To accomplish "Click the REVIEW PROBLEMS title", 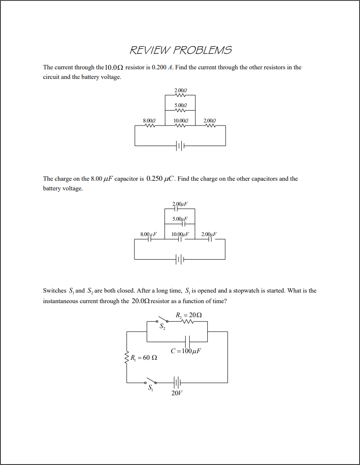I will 180,50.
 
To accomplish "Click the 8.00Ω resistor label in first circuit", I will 149,120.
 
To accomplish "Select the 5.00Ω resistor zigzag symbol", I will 180,110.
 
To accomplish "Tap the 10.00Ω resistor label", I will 180,120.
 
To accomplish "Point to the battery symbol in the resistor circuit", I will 180,146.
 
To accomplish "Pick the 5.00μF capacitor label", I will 180,218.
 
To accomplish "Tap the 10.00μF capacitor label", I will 180,234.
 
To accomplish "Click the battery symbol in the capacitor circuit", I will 180,259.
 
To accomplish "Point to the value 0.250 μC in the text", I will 161,179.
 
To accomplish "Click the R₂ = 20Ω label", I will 189,315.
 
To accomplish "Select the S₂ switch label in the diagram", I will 162,327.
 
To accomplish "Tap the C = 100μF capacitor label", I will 186,351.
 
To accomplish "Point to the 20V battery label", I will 177,393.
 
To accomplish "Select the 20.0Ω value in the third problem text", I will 140,301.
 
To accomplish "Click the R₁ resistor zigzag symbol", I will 127,358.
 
